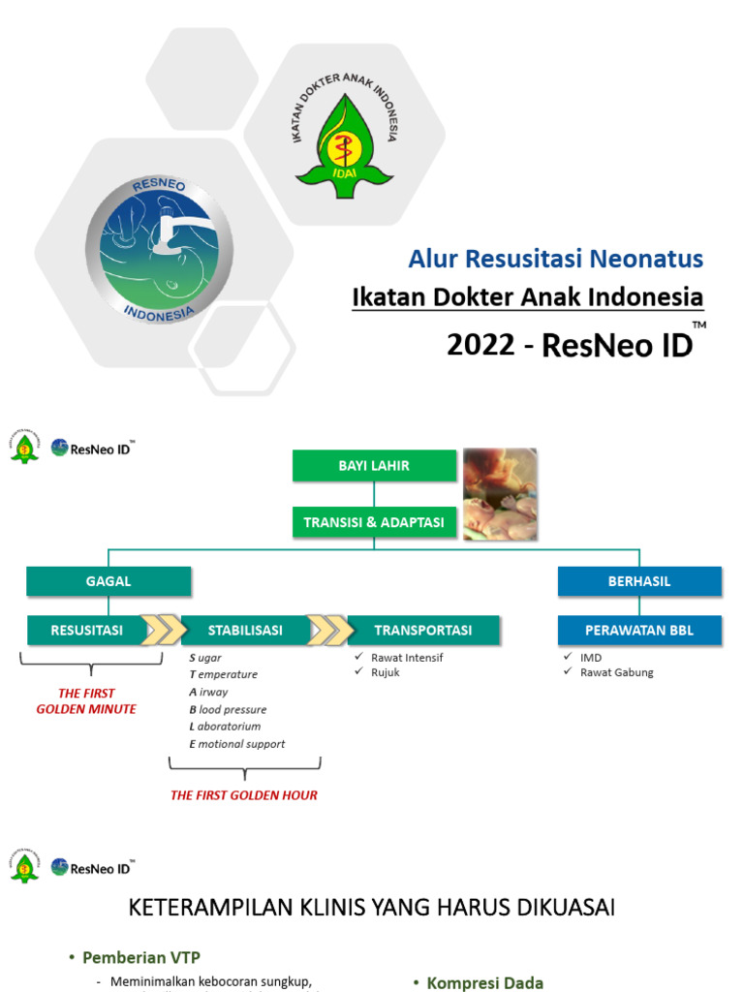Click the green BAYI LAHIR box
coord(373,466)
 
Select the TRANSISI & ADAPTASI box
coord(373,522)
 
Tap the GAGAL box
coord(108,581)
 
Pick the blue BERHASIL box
coord(639,581)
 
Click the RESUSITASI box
coord(88,631)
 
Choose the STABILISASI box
coord(245,631)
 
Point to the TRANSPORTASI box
coord(423,631)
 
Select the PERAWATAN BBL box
coord(639,631)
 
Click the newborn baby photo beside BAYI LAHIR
coord(500,493)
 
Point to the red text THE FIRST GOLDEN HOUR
coord(244,795)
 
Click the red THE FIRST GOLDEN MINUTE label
coord(86,701)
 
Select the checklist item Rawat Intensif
coord(407,658)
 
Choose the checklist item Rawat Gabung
coord(616,672)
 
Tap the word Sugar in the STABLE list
coord(205,658)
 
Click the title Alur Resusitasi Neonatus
coord(555,260)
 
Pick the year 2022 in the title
coord(480,345)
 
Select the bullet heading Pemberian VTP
coord(141,957)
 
